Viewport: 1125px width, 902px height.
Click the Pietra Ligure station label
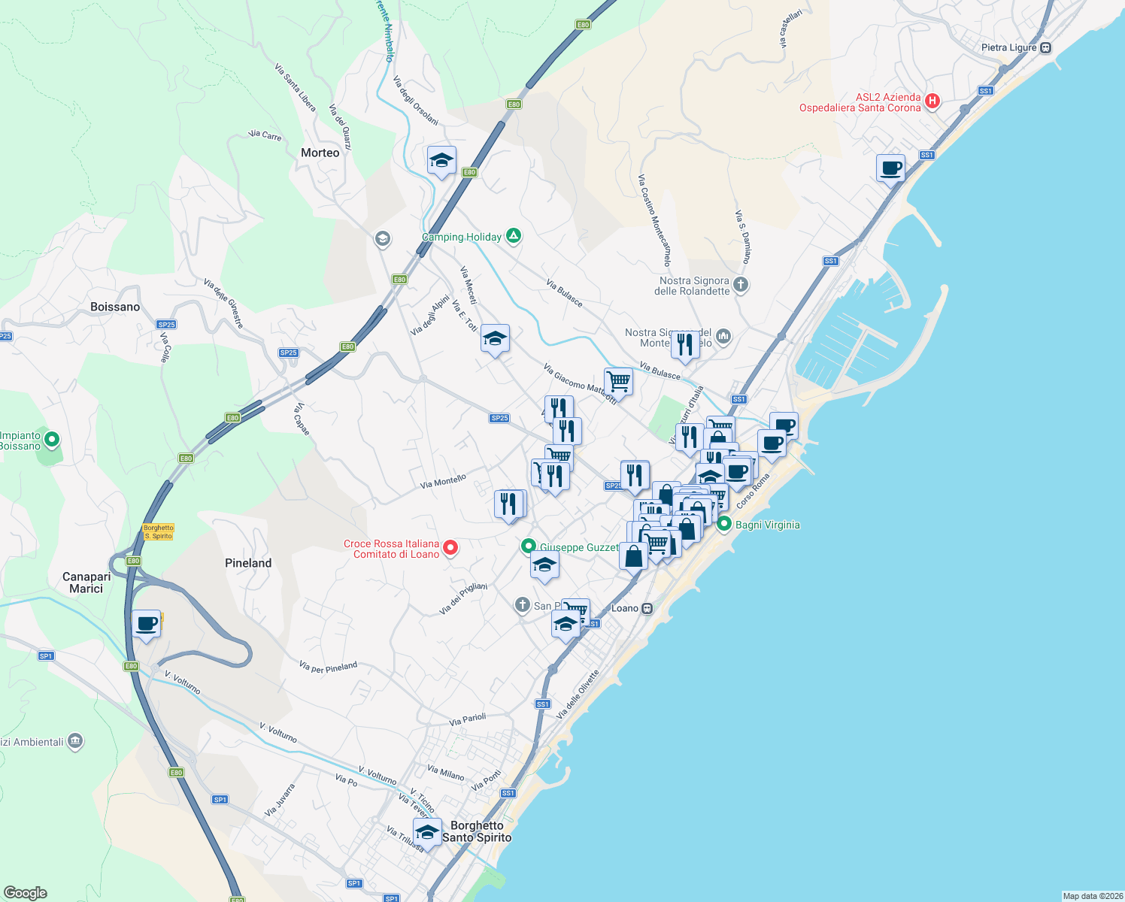tap(1008, 47)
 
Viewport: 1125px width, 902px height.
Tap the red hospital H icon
tap(932, 101)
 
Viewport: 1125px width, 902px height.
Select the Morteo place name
tap(320, 153)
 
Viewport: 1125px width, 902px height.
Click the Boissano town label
tap(115, 307)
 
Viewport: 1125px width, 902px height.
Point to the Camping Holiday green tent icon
tap(514, 236)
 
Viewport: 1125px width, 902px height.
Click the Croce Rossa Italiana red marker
tap(450, 547)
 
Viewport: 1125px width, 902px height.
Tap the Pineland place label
tap(248, 563)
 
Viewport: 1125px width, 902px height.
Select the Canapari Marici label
tap(86, 583)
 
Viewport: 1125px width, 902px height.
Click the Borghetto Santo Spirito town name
tap(477, 831)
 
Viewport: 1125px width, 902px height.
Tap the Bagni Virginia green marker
tap(724, 524)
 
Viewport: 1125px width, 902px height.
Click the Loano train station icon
tap(647, 608)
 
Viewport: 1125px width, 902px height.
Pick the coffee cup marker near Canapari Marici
tap(147, 623)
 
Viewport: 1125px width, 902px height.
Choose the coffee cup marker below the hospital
tap(890, 168)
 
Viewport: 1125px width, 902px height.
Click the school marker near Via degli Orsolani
tap(441, 160)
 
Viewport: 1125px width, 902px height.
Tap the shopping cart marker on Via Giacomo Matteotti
tap(618, 380)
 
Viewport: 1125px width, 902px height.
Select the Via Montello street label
tap(444, 481)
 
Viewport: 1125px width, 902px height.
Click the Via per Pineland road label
tap(328, 667)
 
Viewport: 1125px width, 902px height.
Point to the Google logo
tap(26, 893)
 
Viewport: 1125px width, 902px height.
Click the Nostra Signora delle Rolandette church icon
tap(741, 284)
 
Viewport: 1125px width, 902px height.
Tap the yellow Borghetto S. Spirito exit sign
tap(158, 532)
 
